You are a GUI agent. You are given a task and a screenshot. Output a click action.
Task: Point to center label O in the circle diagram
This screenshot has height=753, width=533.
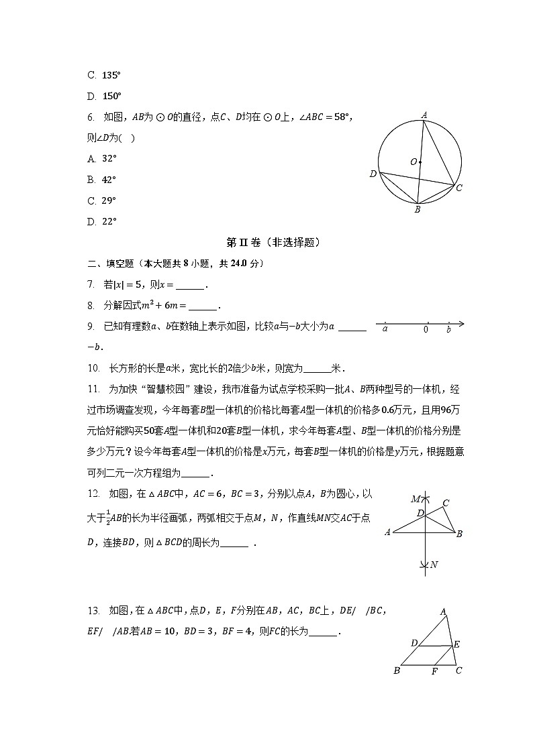(x=414, y=162)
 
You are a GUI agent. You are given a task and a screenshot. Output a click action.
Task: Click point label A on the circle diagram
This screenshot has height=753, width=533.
(x=424, y=115)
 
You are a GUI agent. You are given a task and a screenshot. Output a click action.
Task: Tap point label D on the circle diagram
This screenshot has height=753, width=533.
(x=373, y=174)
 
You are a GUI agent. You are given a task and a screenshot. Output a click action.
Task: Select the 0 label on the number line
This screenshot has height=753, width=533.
(x=426, y=329)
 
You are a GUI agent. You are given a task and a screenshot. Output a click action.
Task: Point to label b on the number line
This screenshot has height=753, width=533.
(x=448, y=330)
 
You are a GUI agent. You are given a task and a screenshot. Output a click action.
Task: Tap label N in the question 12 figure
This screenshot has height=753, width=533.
(x=434, y=565)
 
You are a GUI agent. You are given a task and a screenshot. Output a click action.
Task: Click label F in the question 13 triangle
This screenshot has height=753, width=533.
(x=434, y=671)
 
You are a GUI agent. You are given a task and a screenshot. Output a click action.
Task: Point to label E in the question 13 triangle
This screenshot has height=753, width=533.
(x=456, y=644)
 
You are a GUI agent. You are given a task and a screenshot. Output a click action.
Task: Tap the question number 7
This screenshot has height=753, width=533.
(x=90, y=285)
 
